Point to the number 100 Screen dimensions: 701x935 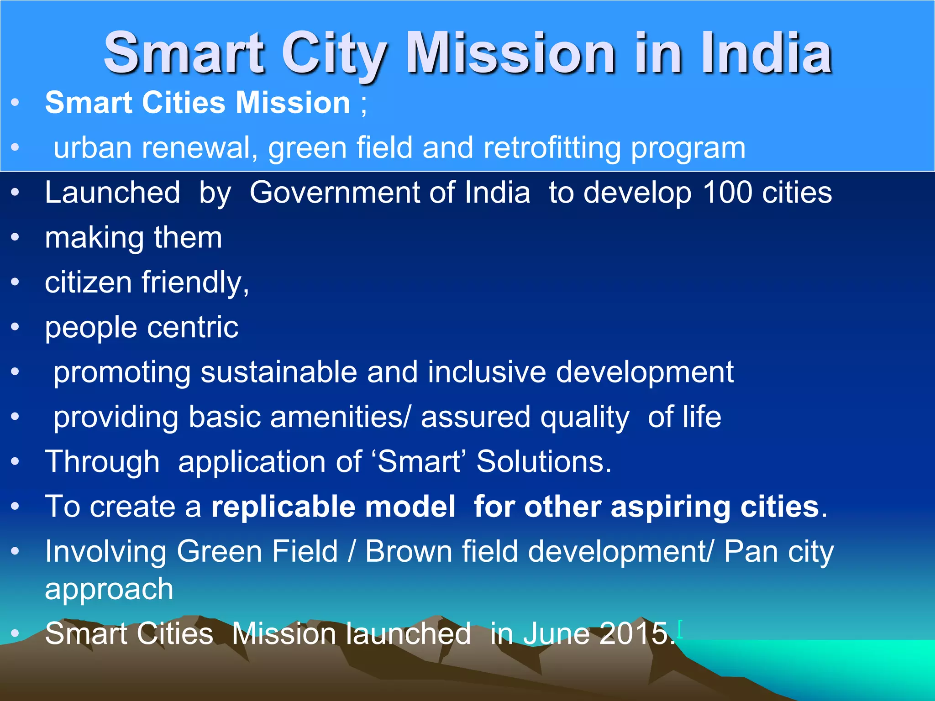pyautogui.click(x=727, y=192)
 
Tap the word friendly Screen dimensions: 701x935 pyautogui.click(x=195, y=282)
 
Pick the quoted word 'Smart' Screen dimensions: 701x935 pyautogui.click(x=420, y=461)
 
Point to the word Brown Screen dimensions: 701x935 pyautogui.click(x=409, y=551)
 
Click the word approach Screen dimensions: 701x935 pyautogui.click(x=109, y=589)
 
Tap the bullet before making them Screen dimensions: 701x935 pyautogui.click(x=16, y=237)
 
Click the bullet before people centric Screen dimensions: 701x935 pyautogui.click(x=16, y=327)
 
